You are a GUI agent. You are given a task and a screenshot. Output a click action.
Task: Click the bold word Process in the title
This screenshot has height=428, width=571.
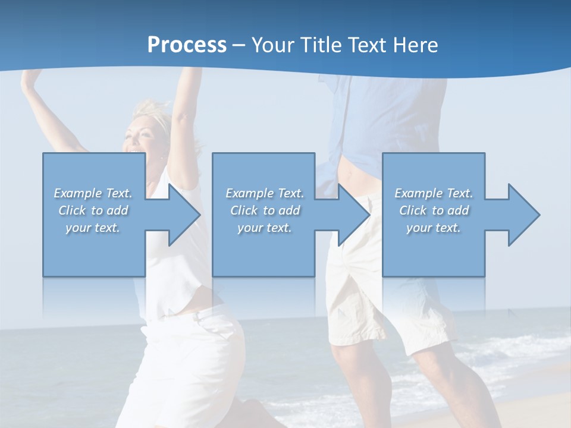coord(187,45)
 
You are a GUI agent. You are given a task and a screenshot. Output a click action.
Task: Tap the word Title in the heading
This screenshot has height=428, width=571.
coord(321,45)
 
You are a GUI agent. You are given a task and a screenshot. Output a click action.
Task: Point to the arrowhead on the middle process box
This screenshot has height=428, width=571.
coord(353,215)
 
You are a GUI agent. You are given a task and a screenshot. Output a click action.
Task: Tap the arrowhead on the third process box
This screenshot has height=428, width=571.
coord(523,215)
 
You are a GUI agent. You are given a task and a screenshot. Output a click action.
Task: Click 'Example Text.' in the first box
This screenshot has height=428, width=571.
coord(93,193)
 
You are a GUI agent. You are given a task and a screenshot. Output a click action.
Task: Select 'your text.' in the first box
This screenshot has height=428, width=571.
coord(93,228)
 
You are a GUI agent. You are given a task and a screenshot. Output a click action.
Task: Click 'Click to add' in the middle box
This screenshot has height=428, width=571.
coord(265,210)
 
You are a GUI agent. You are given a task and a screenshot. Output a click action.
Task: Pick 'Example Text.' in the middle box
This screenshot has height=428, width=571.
coord(265,193)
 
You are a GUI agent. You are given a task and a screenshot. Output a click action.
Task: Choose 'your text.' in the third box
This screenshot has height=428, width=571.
coord(434,228)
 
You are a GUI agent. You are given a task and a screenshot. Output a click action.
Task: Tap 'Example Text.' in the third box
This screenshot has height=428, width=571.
coord(434,193)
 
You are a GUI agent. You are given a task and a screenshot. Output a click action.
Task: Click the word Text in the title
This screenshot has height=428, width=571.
coord(368,45)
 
